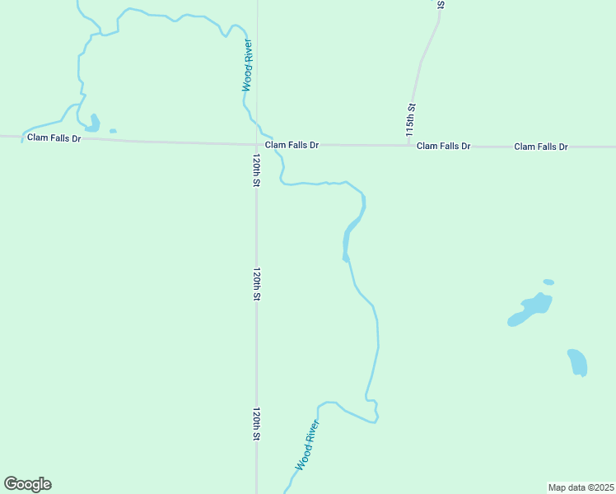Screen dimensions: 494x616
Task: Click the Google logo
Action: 27,484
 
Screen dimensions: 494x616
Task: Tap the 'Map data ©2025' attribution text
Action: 580,487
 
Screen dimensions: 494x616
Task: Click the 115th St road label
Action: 410,119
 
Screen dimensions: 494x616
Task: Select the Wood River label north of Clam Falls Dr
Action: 247,65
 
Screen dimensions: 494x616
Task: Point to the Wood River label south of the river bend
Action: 306,445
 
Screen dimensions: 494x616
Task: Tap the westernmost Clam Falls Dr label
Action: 54,138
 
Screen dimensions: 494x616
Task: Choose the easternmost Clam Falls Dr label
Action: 541,147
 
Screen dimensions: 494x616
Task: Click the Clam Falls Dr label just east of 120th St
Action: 292,145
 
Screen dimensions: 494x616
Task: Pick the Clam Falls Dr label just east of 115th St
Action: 443,146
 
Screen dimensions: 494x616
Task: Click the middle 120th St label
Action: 256,283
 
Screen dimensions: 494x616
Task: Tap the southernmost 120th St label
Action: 256,423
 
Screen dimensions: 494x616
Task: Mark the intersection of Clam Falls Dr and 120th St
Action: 256,144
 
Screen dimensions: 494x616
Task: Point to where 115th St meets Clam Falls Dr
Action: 409,146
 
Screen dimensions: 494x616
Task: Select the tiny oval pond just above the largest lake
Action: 548,282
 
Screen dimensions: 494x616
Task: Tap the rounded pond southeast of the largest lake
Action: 577,362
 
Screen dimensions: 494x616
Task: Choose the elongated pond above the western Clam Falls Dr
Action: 94,123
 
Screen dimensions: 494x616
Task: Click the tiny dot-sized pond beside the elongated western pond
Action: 113,131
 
